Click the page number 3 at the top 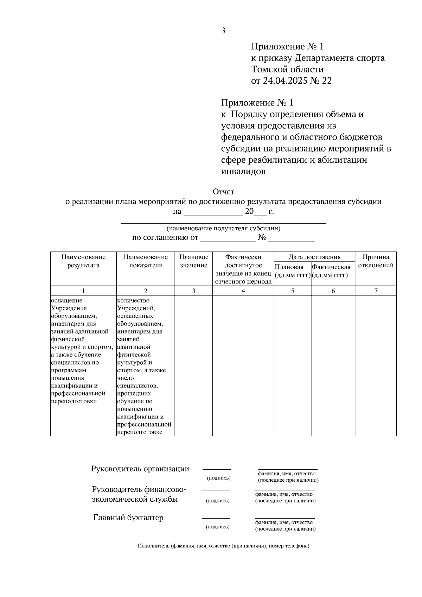tap(223, 31)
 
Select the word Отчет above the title tap(223, 192)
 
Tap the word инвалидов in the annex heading tap(243, 172)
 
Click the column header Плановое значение tap(194, 261)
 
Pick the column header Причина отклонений tap(376, 261)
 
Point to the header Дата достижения tap(314, 257)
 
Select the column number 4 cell tap(243, 291)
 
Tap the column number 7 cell tap(376, 291)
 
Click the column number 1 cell tap(83, 291)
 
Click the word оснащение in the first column tap(67, 300)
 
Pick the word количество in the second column tap(133, 300)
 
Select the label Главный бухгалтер tap(128, 518)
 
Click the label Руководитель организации tap(140, 469)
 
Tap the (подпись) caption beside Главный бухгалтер tap(218, 527)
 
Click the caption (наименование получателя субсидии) tap(223, 228)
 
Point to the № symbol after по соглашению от tap(262, 238)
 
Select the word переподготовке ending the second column tap(140, 432)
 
